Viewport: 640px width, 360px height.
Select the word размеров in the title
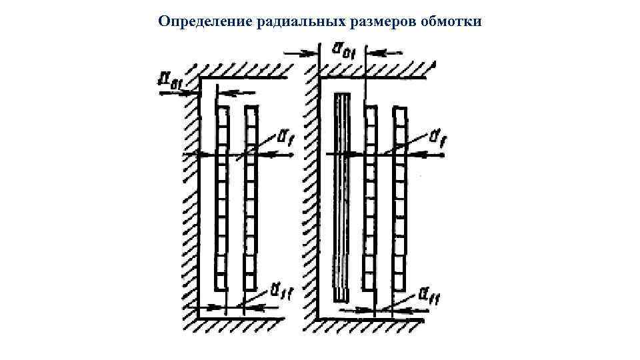[x=383, y=21]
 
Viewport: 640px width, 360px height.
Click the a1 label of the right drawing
[x=439, y=138]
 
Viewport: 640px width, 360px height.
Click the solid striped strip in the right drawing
[x=341, y=197]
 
